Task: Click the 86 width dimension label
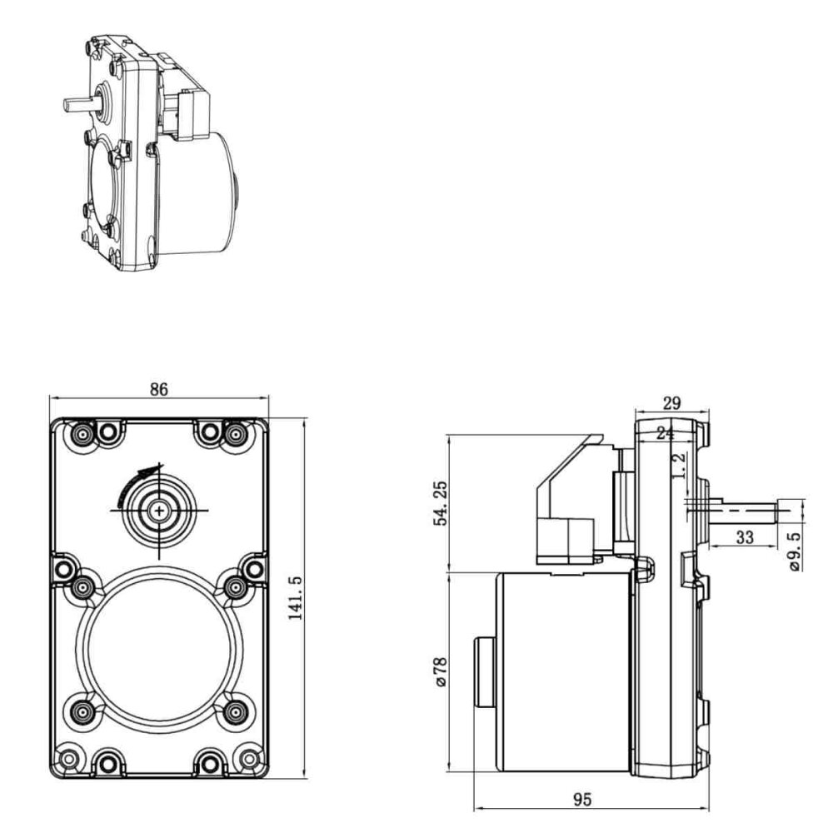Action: click(x=158, y=389)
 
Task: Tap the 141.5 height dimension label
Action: click(x=296, y=597)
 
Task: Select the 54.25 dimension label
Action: click(x=441, y=502)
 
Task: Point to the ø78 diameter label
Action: click(x=441, y=671)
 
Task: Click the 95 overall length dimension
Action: click(x=582, y=799)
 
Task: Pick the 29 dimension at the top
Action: click(x=671, y=403)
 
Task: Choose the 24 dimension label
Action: click(x=665, y=433)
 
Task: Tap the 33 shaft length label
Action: click(x=745, y=537)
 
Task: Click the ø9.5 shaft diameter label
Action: click(x=796, y=551)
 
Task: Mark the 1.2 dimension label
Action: click(x=678, y=466)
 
